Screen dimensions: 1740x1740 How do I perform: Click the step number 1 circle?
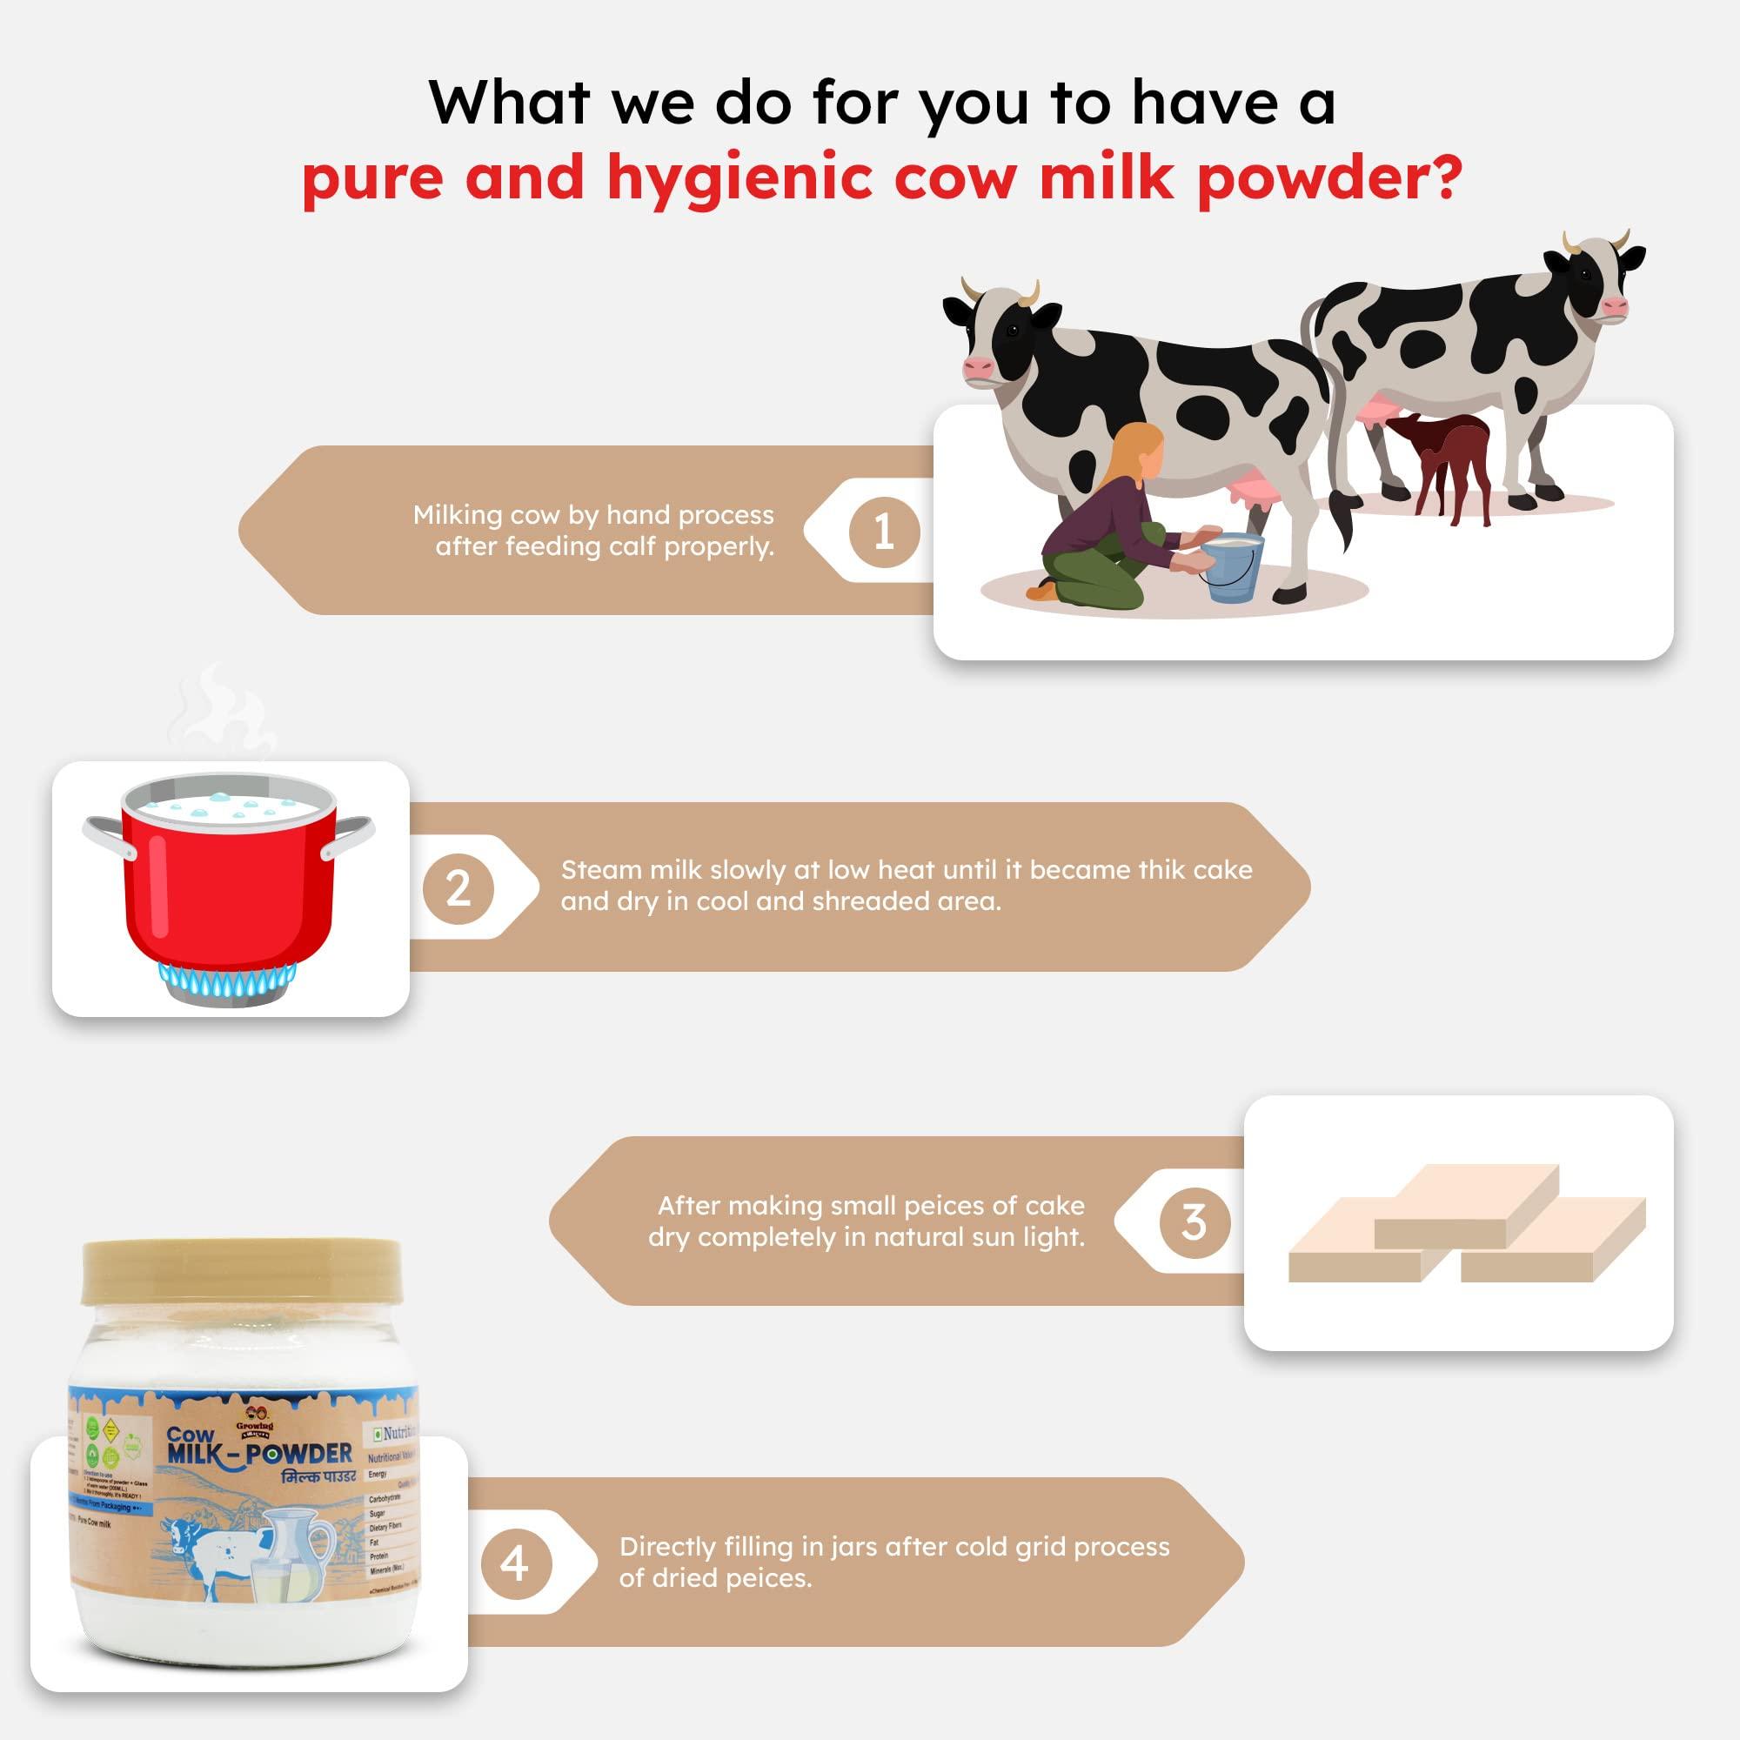tap(884, 532)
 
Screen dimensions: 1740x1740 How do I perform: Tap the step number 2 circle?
tap(458, 888)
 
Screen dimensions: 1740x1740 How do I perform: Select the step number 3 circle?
tap(1194, 1222)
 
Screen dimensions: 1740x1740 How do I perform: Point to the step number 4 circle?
tap(514, 1564)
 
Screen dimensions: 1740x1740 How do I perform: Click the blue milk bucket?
tap(1233, 567)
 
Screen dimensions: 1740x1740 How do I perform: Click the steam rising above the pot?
tap(221, 712)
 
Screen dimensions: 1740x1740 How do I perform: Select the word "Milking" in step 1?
tap(458, 515)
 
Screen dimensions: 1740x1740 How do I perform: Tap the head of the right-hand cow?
tap(1594, 284)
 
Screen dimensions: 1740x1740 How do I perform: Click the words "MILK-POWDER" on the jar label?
tap(259, 1454)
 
